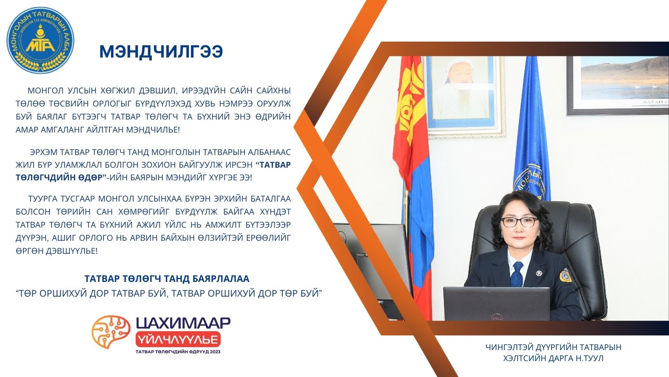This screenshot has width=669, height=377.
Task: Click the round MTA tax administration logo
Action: click(40, 40)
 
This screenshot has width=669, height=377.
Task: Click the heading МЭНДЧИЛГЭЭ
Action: click(161, 52)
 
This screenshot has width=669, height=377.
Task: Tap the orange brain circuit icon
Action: click(111, 332)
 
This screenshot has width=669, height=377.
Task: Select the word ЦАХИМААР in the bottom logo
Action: click(183, 323)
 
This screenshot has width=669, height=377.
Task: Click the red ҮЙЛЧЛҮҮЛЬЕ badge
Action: click(178, 339)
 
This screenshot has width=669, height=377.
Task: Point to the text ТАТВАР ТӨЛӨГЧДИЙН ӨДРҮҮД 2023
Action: click(178, 352)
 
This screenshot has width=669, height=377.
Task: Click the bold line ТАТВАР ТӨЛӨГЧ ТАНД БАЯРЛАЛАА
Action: click(167, 279)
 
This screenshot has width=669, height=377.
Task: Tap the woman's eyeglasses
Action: click(519, 222)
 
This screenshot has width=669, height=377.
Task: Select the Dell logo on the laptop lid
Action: click(497, 317)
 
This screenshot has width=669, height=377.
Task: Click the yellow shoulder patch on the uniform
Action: click(565, 275)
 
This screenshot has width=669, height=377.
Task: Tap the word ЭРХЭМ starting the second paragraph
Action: click(44, 152)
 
